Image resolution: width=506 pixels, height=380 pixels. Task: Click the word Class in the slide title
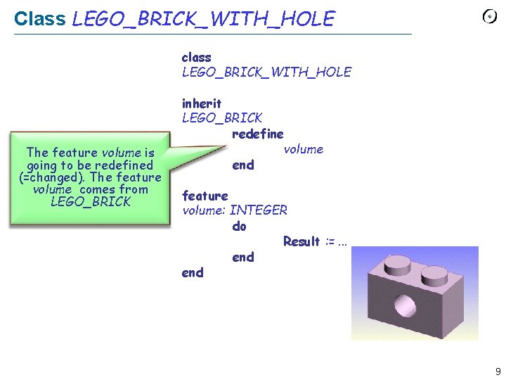[40, 19]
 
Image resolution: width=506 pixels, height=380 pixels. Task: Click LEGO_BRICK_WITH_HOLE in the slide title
[203, 19]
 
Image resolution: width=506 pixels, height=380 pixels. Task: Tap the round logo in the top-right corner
[489, 17]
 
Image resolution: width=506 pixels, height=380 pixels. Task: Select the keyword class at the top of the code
[196, 57]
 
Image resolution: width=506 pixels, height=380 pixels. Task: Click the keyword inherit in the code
[202, 103]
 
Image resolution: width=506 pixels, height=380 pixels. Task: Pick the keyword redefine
[257, 134]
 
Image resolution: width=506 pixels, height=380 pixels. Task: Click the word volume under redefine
[303, 149]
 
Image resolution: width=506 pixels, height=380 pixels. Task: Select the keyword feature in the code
[205, 195]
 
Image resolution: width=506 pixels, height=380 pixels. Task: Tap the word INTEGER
[259, 210]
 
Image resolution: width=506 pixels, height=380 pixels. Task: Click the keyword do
[240, 226]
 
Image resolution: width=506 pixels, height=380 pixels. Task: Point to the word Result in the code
[301, 241]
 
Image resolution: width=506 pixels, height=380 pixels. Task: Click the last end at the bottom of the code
[193, 272]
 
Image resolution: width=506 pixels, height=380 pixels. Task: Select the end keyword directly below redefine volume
[242, 165]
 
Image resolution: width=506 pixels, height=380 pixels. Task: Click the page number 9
[498, 372]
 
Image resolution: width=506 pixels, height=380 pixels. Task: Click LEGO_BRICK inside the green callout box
[91, 202]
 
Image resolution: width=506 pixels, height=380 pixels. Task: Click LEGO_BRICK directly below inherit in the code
[221, 118]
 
